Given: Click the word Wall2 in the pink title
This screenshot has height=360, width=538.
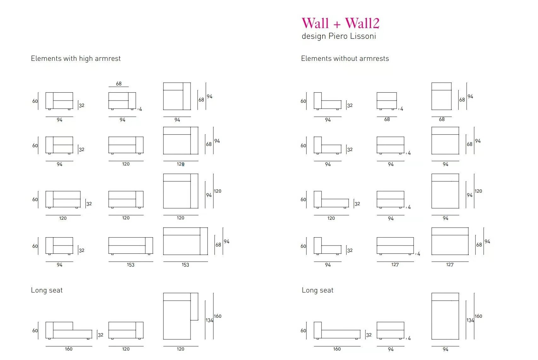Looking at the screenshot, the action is click(x=362, y=23).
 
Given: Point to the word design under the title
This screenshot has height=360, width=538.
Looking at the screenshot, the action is click(x=314, y=36).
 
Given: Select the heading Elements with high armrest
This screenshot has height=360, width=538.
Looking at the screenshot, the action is click(x=76, y=58).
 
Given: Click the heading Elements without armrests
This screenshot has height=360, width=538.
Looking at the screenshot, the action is click(x=345, y=58).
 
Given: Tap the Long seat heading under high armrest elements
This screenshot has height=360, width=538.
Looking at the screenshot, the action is click(x=47, y=290).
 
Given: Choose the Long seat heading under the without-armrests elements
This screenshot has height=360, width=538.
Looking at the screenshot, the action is click(x=318, y=290).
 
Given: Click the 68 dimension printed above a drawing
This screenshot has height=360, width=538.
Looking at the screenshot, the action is click(x=119, y=84).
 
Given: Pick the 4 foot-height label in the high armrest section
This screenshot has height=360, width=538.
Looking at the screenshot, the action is click(x=140, y=109).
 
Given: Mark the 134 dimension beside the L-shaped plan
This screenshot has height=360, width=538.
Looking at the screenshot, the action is click(x=209, y=320).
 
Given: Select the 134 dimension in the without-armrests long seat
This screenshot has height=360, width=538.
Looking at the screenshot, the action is click(x=470, y=320).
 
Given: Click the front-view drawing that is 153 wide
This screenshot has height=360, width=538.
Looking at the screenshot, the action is click(x=131, y=246).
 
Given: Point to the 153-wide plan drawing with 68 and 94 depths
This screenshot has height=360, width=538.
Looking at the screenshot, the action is click(x=186, y=241).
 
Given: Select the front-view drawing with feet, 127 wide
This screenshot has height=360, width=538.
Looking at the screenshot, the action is click(x=395, y=246).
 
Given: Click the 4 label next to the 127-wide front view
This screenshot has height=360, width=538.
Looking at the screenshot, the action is click(x=419, y=254).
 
